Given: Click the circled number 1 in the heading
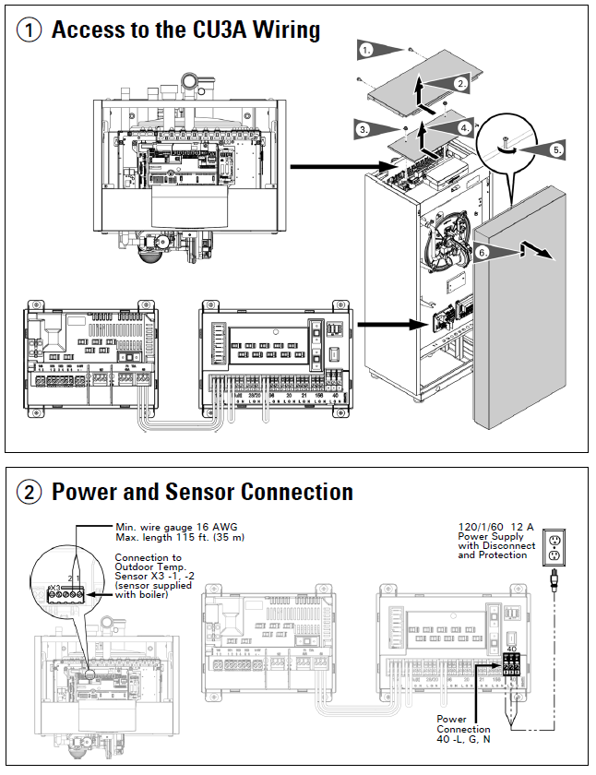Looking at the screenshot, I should coord(30,30).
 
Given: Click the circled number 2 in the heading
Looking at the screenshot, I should coord(30,492).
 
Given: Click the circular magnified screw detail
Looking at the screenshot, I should coord(507,145).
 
